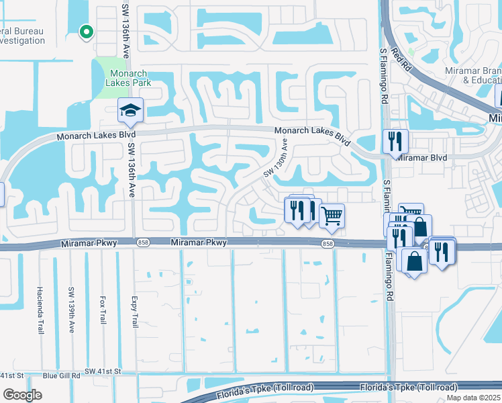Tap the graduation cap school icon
[x=130, y=111]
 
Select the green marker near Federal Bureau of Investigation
[x=85, y=31]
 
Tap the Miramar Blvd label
[x=420, y=157]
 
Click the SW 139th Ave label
[x=71, y=310]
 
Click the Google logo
[x=21, y=394]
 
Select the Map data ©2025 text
[x=474, y=398]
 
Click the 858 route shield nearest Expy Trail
[x=142, y=243]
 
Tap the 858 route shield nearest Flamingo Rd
[x=327, y=243]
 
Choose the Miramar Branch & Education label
[x=472, y=75]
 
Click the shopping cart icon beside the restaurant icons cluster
[x=332, y=216]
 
